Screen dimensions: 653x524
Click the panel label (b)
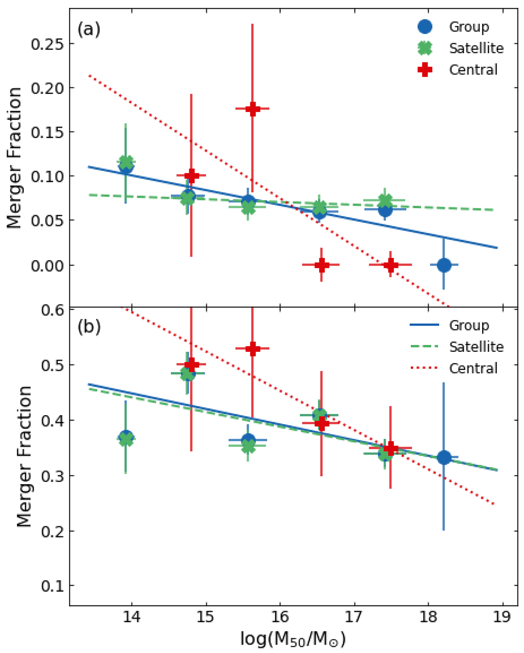pos(89,327)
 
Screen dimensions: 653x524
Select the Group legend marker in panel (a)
pos(424,27)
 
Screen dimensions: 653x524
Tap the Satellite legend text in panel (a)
pos(476,48)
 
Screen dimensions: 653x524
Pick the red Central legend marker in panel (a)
pos(424,69)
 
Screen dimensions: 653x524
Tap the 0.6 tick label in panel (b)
pos(52,310)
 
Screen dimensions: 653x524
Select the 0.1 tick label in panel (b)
pos(52,586)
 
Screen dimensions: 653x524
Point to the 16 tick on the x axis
pos(279,619)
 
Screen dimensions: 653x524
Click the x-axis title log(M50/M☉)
pos(293,639)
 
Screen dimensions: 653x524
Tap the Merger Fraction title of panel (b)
pos(24,456)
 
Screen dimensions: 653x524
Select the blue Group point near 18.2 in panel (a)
pos(444,265)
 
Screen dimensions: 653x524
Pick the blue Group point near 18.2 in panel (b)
pos(444,457)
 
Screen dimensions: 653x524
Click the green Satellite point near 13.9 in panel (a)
pos(126,163)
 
